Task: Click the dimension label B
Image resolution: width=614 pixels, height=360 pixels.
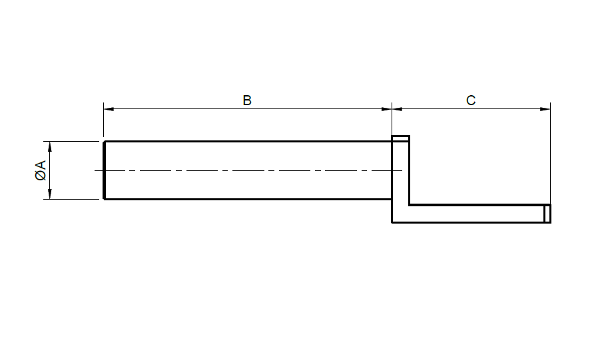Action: [246, 100]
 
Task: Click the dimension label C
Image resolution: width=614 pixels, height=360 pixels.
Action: [471, 100]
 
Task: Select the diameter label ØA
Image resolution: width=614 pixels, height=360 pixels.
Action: [41, 170]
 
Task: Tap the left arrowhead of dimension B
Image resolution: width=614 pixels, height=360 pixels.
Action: [109, 108]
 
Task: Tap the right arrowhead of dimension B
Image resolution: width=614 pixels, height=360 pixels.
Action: [386, 108]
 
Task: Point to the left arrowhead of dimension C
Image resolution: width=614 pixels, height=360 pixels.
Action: [397, 108]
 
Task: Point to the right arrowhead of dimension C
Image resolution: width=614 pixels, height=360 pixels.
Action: [545, 108]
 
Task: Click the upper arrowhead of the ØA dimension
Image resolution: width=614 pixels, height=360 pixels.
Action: [50, 146]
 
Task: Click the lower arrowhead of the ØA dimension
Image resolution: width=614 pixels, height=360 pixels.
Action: [50, 194]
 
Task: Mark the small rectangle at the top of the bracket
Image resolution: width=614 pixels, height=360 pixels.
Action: [401, 138]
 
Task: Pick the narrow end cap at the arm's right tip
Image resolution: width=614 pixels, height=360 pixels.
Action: [547, 214]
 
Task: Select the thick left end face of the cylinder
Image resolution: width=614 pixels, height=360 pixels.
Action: [104, 170]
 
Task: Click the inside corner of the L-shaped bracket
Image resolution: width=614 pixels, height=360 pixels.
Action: [410, 205]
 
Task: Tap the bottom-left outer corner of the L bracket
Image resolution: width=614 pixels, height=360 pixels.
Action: [392, 223]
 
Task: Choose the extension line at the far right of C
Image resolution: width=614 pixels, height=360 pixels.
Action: [550, 154]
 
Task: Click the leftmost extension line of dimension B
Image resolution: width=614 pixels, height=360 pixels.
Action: [103, 120]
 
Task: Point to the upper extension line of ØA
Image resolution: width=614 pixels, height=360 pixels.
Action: [71, 141]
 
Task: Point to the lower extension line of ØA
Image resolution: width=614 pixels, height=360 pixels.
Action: [71, 199]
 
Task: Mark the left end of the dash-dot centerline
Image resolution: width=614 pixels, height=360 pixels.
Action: [95, 170]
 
